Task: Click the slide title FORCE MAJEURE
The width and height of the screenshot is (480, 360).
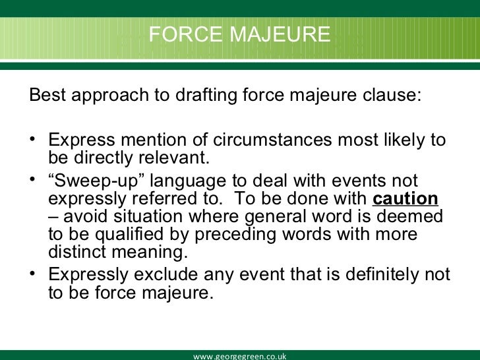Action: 239,34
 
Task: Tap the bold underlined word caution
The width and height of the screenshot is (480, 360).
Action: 405,199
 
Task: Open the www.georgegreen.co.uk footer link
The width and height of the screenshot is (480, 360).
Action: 239,356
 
